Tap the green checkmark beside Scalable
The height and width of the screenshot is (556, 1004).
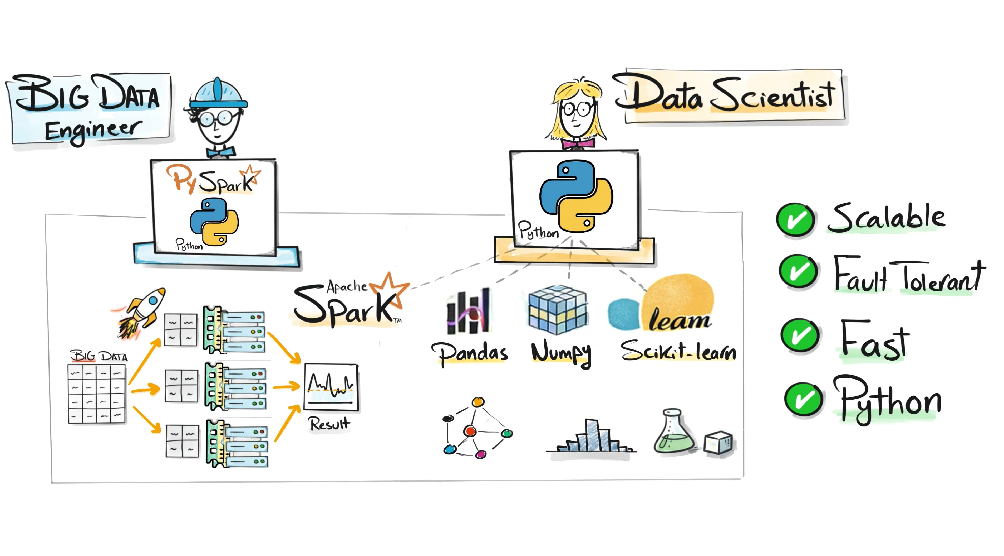coord(795,219)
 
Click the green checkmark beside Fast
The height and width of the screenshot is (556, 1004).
coord(800,335)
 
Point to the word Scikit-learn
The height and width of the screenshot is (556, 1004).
coord(678,351)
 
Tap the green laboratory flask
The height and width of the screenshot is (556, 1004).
coord(673,433)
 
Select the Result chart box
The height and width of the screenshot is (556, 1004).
coord(331,387)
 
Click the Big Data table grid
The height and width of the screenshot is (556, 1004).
coord(97,393)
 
